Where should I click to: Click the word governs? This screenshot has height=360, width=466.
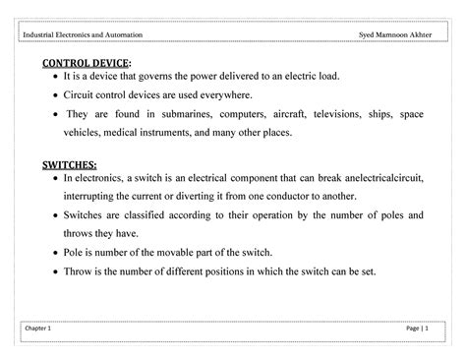[x=157, y=77]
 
